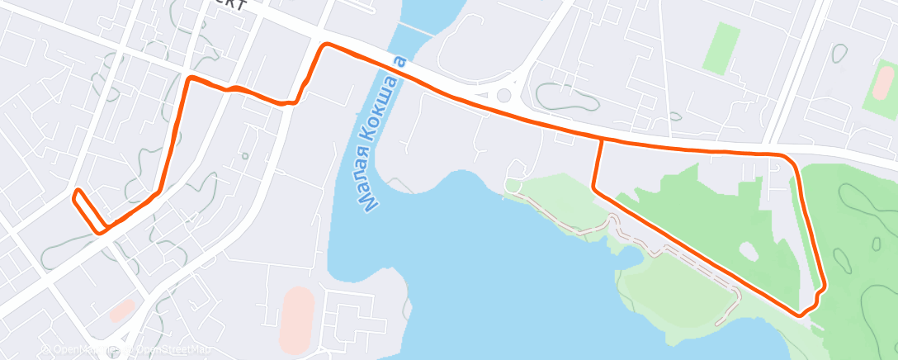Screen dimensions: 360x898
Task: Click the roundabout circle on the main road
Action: coord(503,96)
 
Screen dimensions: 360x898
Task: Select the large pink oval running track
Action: coord(296,320)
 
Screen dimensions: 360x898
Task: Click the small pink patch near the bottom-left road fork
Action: coord(122,311)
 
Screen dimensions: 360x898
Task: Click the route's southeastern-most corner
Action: coord(800,314)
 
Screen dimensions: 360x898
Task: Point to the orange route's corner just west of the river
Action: coord(326,45)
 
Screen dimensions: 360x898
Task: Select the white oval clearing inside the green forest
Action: coord(749,250)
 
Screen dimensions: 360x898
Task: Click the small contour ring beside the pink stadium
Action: coord(840,54)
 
